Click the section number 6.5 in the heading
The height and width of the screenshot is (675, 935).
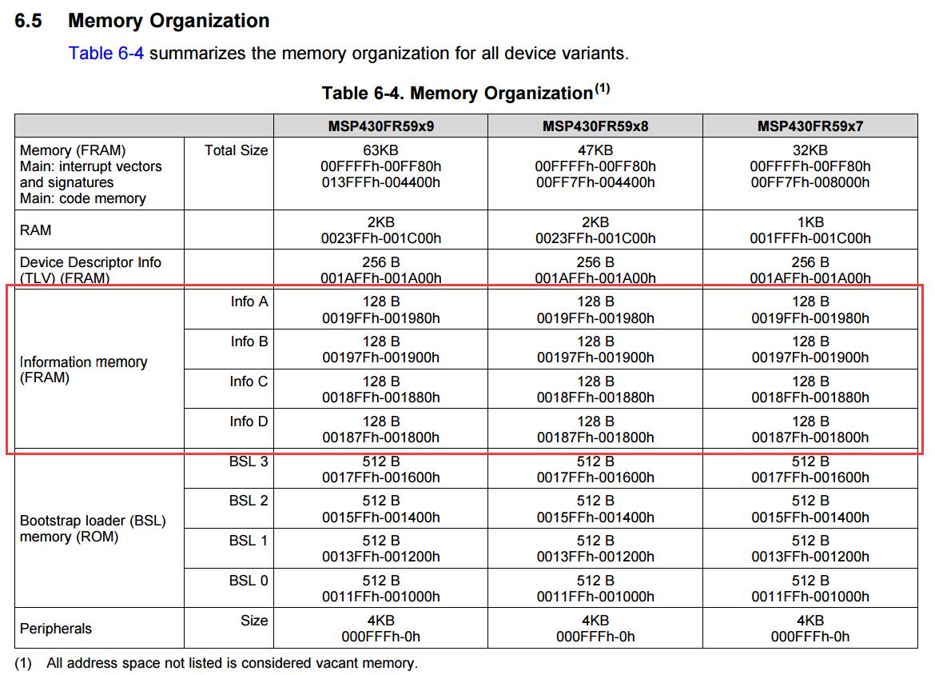[28, 21]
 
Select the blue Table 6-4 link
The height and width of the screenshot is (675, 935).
[105, 54]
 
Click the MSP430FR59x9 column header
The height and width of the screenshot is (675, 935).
[380, 126]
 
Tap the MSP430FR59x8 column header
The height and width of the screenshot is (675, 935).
[595, 126]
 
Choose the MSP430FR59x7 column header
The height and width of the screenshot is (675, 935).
[810, 126]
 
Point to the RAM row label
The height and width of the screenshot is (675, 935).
[35, 230]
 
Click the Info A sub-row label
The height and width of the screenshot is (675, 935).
[249, 302]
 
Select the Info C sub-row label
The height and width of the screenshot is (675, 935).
[249, 381]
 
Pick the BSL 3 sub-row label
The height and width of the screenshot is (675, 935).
[249, 461]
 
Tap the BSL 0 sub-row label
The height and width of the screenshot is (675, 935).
[249, 581]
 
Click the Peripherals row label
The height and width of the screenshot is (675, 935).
[56, 629]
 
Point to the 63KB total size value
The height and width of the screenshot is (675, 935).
[380, 150]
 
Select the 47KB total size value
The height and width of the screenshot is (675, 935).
[595, 150]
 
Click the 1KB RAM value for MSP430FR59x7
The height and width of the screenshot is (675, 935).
[810, 222]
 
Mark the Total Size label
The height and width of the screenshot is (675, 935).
[236, 150]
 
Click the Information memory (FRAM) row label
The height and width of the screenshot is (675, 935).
[83, 370]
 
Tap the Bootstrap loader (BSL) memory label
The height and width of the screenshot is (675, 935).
[92, 529]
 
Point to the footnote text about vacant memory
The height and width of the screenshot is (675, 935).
[232, 663]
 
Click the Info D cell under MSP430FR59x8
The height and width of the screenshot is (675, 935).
[595, 429]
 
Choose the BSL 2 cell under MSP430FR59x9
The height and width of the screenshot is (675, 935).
[380, 509]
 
